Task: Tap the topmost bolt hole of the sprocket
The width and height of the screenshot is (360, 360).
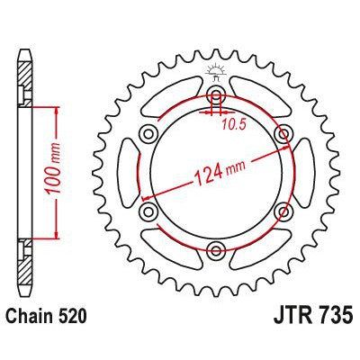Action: point(216,95)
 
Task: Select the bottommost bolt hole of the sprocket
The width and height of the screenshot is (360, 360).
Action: point(216,250)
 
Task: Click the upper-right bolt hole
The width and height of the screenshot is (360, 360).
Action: point(283,134)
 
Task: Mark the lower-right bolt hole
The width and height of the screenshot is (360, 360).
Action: point(283,211)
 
